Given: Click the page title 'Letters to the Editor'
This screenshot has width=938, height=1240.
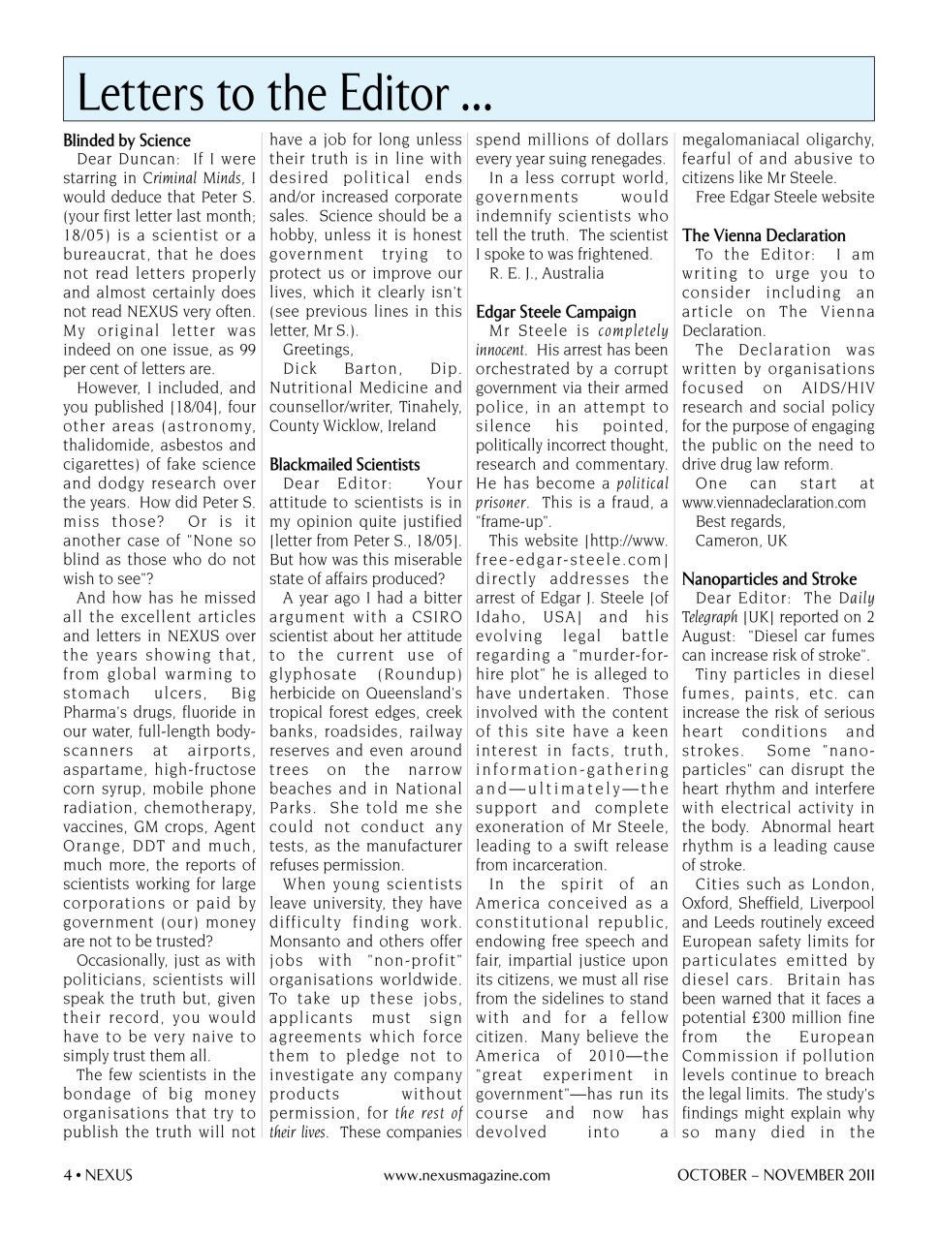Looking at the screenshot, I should point(284,93).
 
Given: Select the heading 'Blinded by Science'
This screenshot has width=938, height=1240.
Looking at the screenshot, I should point(127,140).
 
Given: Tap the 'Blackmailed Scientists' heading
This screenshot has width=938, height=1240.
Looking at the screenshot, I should point(345,464).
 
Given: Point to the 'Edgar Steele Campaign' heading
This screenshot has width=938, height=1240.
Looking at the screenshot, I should point(556,312).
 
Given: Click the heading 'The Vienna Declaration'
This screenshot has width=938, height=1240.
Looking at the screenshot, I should point(764,235).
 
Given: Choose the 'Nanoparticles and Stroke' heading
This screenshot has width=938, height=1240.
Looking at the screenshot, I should point(769,579).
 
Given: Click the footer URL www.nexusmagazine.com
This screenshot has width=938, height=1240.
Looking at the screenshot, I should point(467,1175).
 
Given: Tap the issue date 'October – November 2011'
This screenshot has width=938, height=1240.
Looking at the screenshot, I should point(775,1175).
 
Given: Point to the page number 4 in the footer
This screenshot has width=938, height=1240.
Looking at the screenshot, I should point(68,1175).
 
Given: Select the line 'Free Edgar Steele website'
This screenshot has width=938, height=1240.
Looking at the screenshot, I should point(785,197).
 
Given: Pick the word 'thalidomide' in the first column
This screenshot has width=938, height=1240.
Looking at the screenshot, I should point(106,446).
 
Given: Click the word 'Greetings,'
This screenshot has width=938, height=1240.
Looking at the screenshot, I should point(318,350).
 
